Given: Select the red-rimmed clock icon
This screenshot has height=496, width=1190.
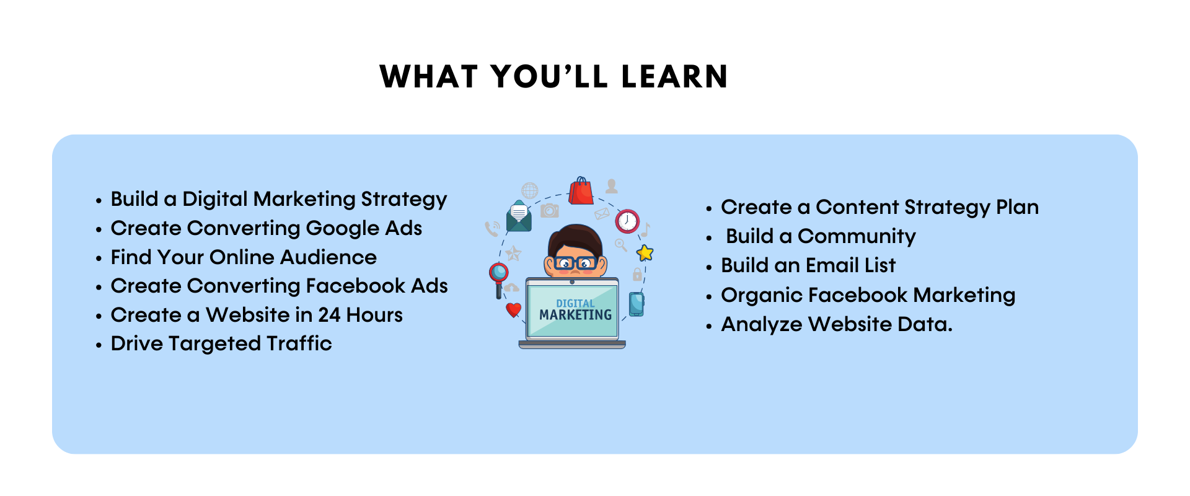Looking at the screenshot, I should (627, 221).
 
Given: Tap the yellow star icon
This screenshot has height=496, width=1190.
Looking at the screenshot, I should (645, 252).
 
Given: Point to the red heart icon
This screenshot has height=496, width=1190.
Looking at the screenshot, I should (513, 309).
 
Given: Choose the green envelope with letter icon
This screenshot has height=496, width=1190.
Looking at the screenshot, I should (519, 216).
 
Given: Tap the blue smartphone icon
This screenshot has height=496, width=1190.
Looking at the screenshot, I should (637, 304).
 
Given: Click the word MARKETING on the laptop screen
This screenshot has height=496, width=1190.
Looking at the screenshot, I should (575, 315).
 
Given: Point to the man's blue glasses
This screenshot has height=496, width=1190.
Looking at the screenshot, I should (576, 263).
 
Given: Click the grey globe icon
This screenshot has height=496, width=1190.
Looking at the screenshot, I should (530, 190).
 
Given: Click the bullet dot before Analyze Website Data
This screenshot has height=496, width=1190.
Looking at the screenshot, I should (709, 327).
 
